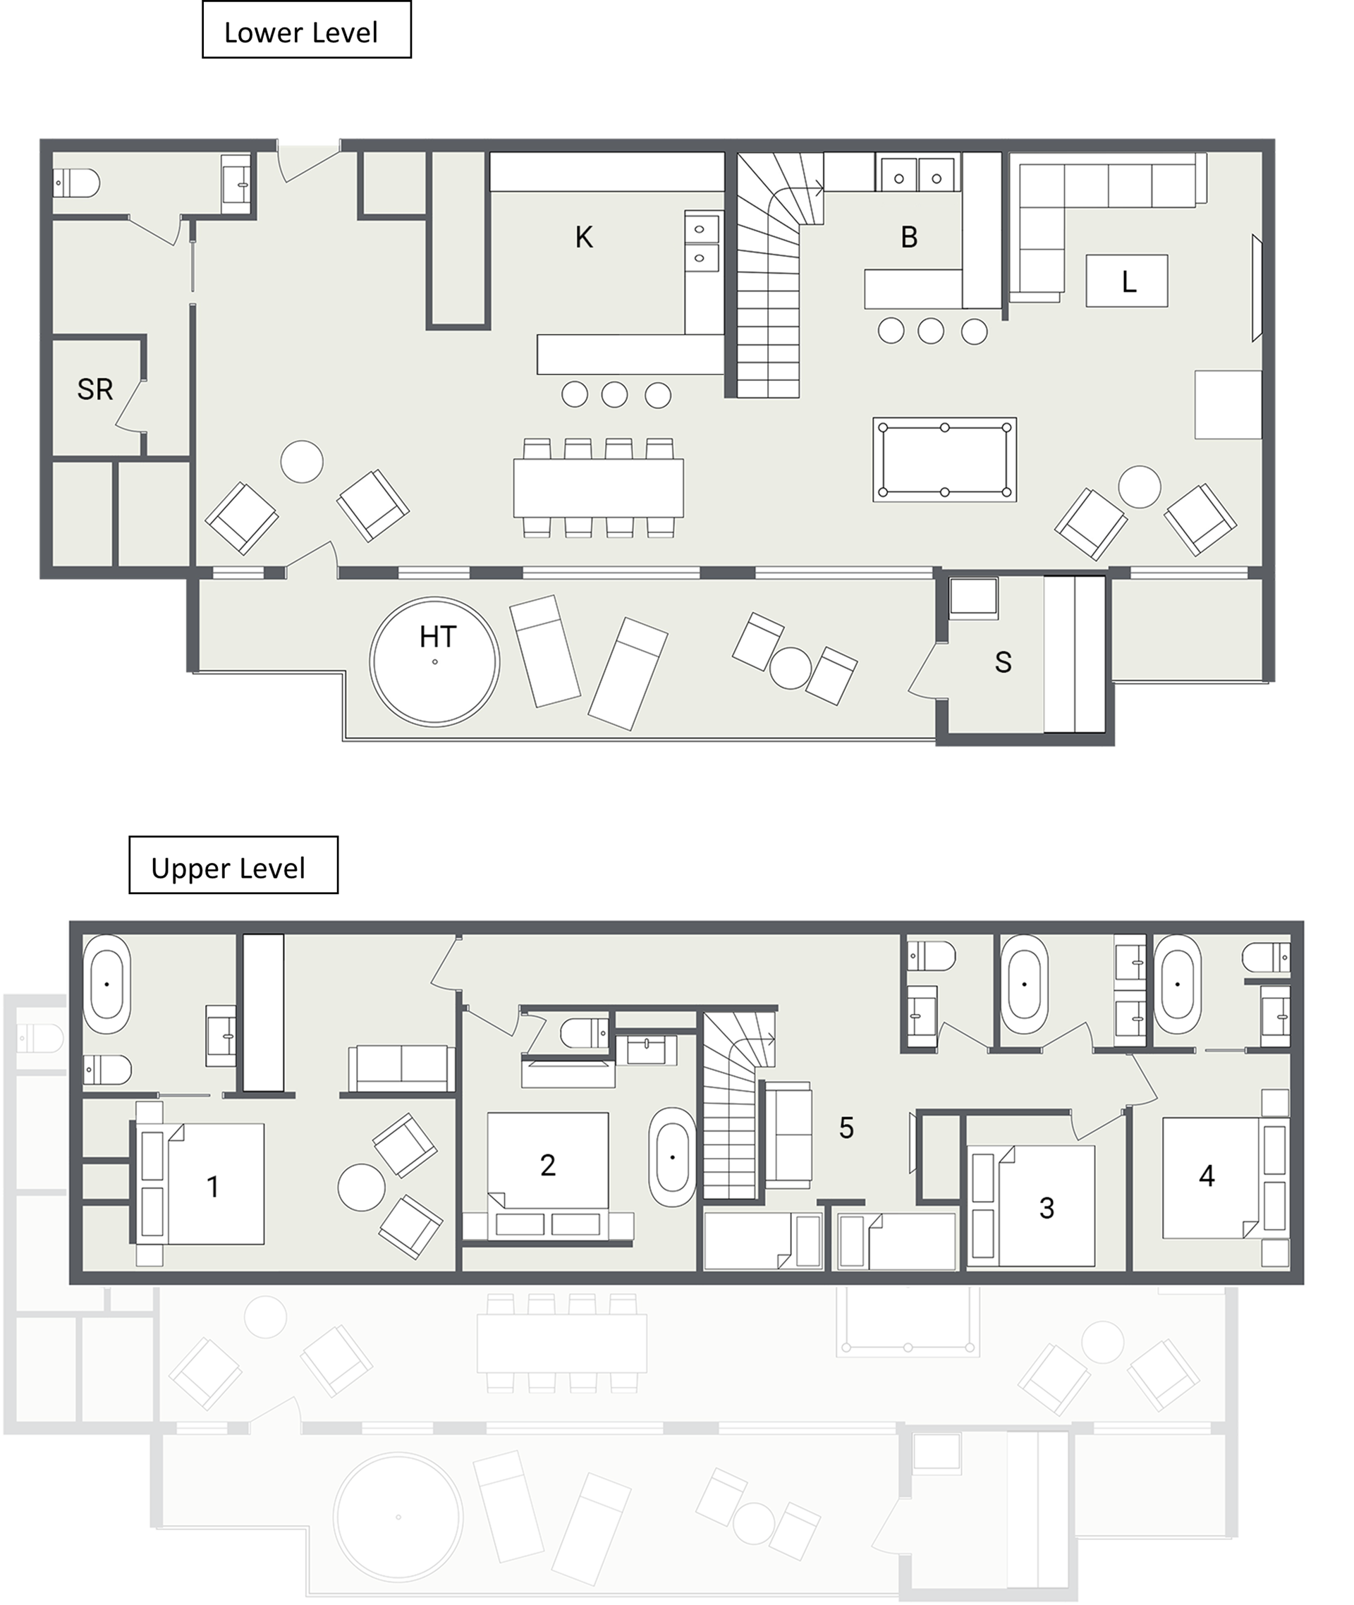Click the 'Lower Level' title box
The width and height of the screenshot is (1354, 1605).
point(306,30)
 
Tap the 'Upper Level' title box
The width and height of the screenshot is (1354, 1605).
point(233,865)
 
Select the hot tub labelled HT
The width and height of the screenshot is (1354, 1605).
point(434,661)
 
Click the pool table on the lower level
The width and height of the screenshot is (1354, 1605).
point(945,460)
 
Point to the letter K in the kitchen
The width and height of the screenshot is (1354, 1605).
point(584,237)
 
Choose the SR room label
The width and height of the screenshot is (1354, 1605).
point(95,389)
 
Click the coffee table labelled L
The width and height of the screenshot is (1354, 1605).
point(1127,281)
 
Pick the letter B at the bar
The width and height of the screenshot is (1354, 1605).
point(909,237)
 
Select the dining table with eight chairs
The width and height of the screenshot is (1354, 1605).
point(599,487)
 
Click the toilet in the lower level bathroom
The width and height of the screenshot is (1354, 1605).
point(76,183)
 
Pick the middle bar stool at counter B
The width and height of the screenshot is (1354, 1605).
point(931,331)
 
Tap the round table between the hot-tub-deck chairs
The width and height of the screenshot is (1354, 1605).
point(790,668)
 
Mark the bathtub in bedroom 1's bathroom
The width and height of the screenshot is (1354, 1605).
point(106,983)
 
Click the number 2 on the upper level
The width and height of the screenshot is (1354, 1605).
point(547,1165)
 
